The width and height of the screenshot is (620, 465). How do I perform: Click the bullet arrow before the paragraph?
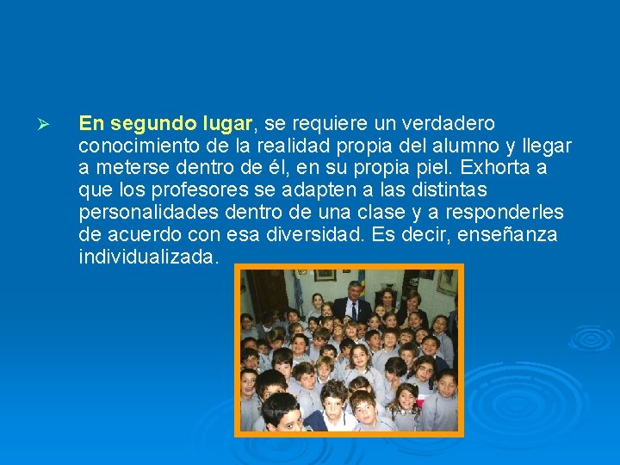[48, 125]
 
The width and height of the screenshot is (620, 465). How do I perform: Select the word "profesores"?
[195, 189]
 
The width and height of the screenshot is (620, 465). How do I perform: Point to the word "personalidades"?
[146, 212]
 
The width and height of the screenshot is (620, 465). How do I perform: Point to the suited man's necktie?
[353, 308]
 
